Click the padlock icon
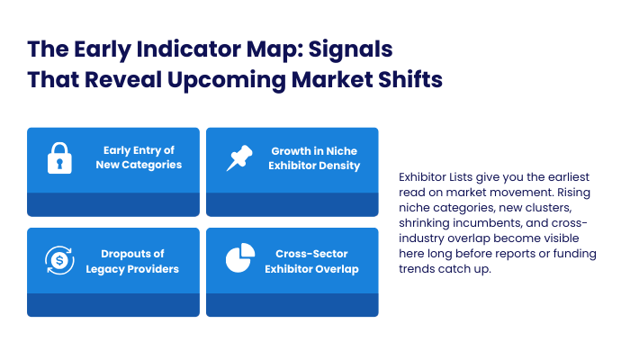(x=59, y=158)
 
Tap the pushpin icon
(x=238, y=158)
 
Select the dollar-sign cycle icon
(x=59, y=260)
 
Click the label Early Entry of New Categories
(x=139, y=157)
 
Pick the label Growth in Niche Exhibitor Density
(x=314, y=157)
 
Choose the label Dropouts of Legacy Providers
(x=139, y=260)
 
